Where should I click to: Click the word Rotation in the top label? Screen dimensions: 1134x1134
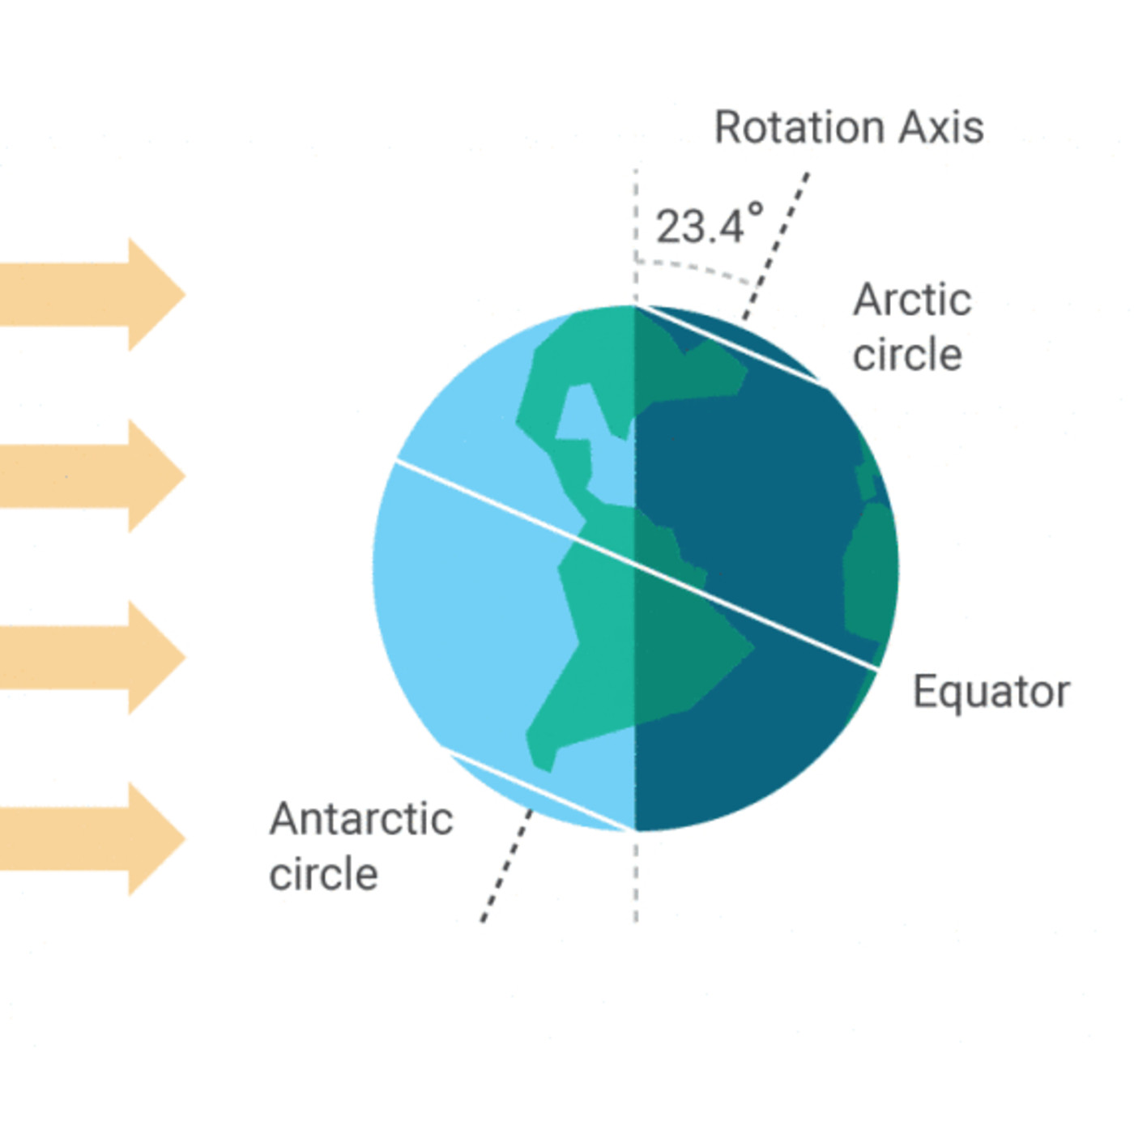[799, 127]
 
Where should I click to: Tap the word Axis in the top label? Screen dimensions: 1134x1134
[941, 127]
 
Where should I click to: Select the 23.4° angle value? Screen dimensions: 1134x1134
[710, 224]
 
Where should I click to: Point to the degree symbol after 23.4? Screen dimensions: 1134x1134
[756, 210]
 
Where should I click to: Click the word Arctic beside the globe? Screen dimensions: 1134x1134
[912, 301]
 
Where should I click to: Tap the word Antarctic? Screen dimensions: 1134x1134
[360, 819]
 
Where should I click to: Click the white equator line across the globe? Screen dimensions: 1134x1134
[636, 565]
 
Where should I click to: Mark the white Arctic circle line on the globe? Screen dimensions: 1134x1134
[735, 345]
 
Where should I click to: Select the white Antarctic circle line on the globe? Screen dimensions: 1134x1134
[537, 791]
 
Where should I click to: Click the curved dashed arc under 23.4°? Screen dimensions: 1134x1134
[694, 270]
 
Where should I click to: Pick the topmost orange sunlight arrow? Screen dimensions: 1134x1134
[93, 294]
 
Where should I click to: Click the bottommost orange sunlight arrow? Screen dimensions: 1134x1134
[93, 838]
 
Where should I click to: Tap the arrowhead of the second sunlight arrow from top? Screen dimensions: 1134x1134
[157, 475]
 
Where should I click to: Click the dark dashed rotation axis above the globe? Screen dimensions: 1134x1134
[776, 246]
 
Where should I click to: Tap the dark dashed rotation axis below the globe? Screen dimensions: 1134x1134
[507, 865]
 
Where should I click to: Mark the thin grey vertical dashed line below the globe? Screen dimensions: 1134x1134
[636, 877]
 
